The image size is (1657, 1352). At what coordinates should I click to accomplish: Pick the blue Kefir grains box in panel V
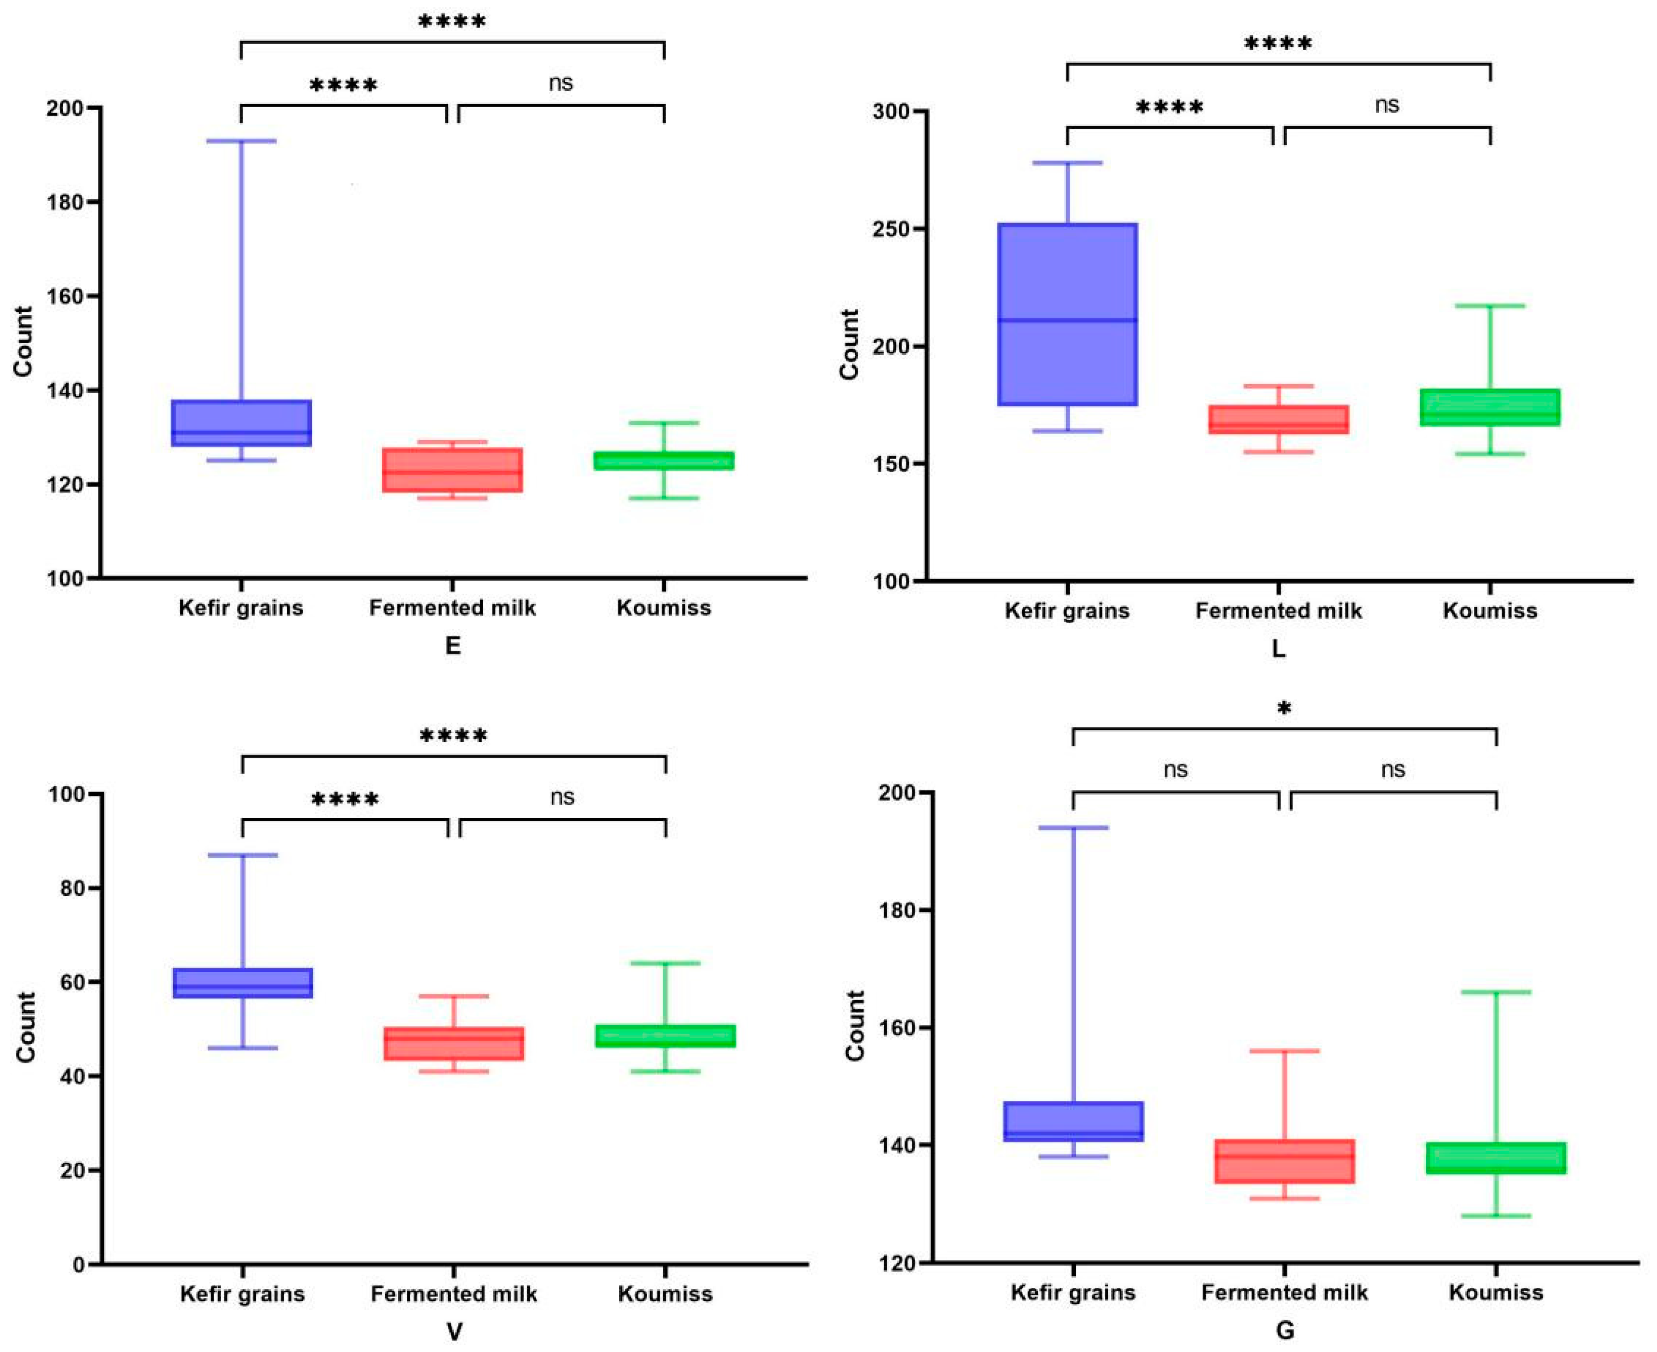click(x=242, y=983)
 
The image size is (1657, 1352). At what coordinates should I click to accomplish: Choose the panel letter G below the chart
click(x=1285, y=1330)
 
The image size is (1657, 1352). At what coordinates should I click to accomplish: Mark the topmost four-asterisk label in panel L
click(x=1278, y=43)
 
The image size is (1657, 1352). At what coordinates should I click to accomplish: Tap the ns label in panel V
click(x=562, y=797)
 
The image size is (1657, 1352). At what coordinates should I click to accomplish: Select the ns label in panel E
click(x=561, y=83)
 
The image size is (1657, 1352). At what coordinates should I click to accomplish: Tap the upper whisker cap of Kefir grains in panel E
click(x=241, y=141)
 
